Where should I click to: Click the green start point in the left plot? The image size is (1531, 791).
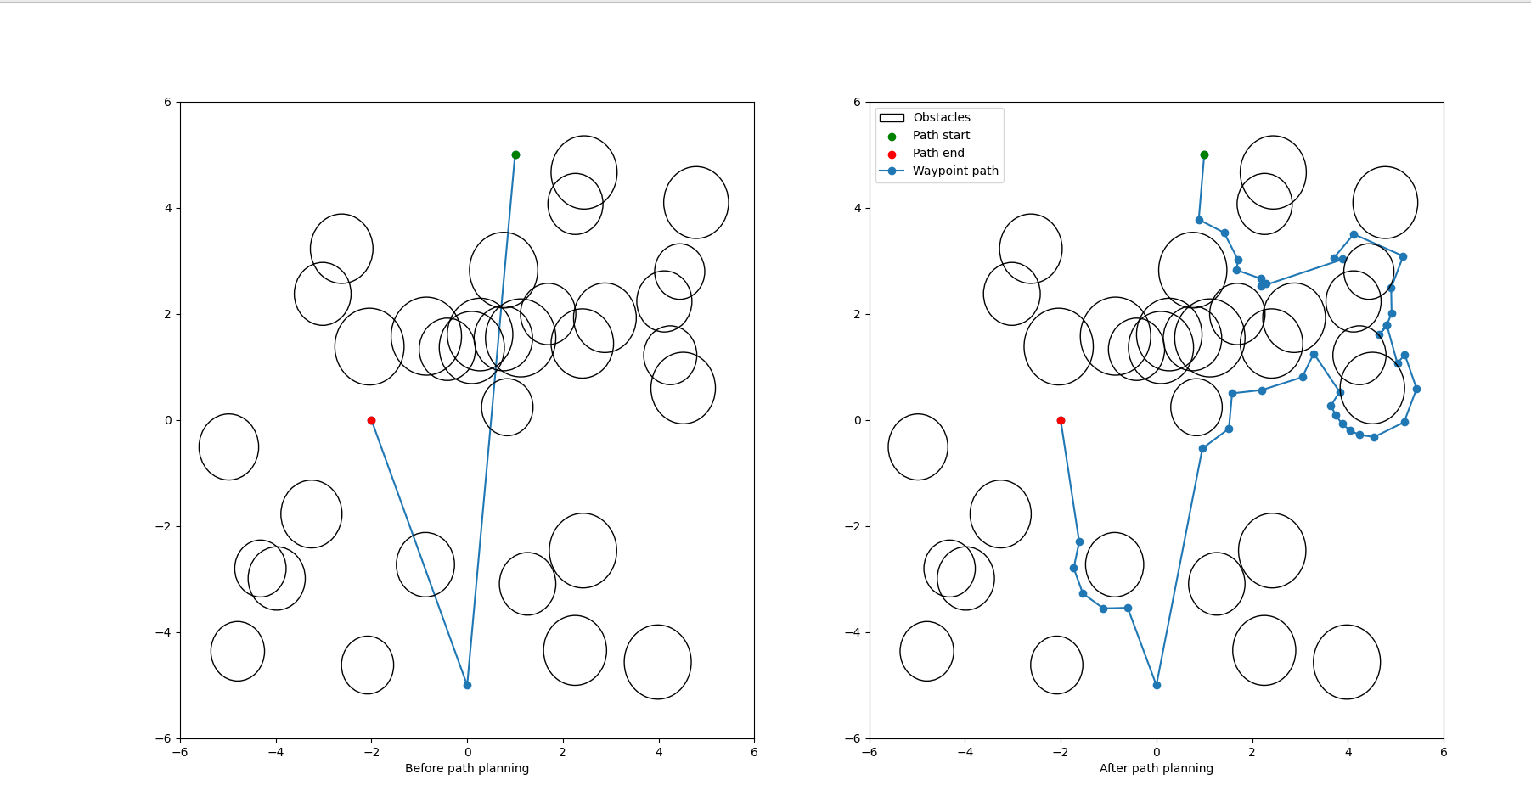(x=515, y=154)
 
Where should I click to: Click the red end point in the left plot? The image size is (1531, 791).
(x=371, y=420)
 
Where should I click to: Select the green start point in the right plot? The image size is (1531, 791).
(x=1204, y=154)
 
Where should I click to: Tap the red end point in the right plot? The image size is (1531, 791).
(x=1061, y=420)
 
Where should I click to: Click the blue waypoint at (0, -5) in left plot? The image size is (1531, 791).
(x=467, y=685)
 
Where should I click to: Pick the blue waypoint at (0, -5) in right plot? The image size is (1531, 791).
(x=1157, y=685)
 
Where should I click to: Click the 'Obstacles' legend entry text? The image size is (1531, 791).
(x=941, y=118)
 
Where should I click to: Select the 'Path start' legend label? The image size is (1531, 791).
(x=941, y=136)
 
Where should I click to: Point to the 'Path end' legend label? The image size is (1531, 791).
(x=938, y=154)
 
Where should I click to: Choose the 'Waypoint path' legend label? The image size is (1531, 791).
(x=955, y=171)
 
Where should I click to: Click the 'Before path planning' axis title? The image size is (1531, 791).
(x=467, y=769)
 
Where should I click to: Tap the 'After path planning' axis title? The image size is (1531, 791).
(x=1157, y=769)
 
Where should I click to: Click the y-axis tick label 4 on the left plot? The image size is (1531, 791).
(x=167, y=208)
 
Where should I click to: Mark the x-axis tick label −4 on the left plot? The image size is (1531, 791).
(x=276, y=751)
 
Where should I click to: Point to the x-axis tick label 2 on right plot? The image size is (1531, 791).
(x=1252, y=751)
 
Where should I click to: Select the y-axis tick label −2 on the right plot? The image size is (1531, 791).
(x=853, y=526)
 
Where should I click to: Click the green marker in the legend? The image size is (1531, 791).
(x=892, y=137)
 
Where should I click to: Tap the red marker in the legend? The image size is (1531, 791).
(x=892, y=154)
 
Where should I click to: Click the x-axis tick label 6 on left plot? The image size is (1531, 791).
(x=754, y=751)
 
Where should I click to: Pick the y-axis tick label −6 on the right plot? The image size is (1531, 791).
(x=853, y=738)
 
